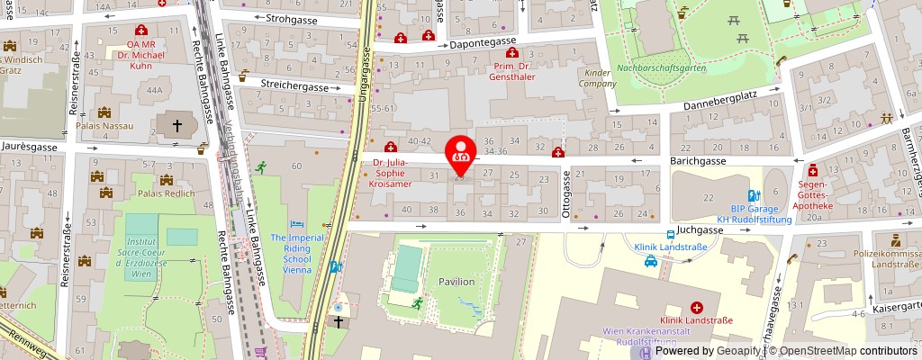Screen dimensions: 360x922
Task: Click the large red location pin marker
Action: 461,152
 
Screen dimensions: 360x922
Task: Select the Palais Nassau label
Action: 104,125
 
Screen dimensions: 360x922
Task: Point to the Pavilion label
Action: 457,282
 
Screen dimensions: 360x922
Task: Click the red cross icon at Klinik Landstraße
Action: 697,308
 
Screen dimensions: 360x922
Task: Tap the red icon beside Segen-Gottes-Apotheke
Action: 813,169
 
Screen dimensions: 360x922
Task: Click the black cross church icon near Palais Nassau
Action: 177,125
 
